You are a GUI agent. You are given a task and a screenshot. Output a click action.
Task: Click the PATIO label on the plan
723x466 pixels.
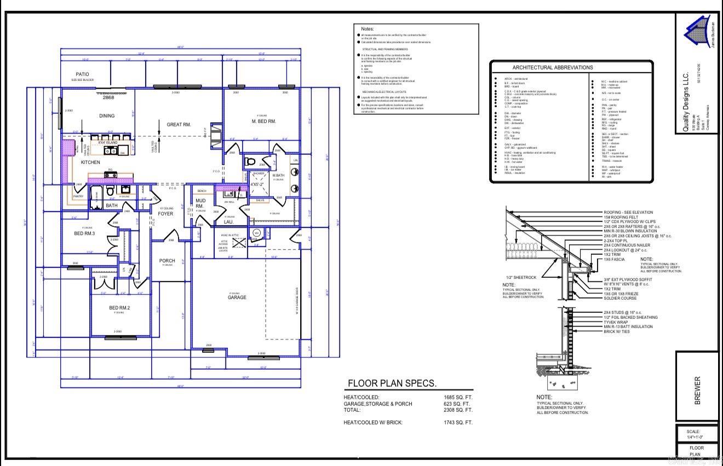(x=82, y=74)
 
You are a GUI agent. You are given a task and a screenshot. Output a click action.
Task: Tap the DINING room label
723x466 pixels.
(x=107, y=116)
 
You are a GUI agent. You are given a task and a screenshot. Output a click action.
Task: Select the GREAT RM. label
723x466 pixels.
(x=179, y=125)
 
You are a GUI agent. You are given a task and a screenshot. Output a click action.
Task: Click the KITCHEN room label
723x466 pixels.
(x=90, y=162)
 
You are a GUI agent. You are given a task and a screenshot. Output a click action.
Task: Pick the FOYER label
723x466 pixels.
(x=165, y=214)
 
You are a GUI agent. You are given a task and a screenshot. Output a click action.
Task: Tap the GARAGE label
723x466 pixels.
(x=237, y=298)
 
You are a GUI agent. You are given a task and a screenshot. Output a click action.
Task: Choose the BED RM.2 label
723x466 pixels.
(x=119, y=308)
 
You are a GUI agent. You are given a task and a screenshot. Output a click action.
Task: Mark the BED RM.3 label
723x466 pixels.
(x=85, y=234)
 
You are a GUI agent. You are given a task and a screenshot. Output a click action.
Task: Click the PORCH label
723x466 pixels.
(x=167, y=261)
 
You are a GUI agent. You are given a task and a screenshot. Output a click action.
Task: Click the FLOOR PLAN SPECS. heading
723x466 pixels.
(x=392, y=383)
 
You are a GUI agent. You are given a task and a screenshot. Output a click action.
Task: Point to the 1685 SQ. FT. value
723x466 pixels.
(x=458, y=398)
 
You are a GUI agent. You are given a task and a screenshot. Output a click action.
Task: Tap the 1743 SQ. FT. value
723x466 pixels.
(x=458, y=422)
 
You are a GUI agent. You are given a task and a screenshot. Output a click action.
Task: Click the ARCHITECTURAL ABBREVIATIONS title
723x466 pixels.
(x=553, y=67)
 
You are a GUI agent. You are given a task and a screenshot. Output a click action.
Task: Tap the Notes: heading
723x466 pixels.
(x=367, y=28)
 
